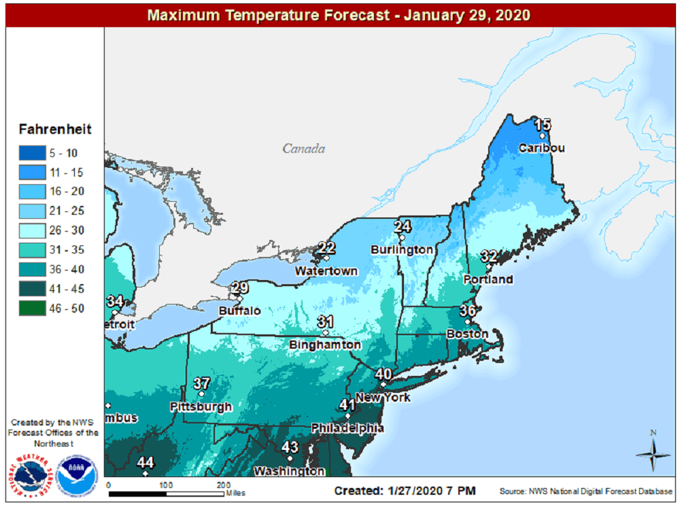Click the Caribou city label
[542, 148]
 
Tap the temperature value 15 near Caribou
[542, 124]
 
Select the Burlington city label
[401, 249]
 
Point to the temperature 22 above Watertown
[327, 247]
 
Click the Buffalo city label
[239, 311]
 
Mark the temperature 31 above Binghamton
[325, 321]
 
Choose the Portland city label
[488, 279]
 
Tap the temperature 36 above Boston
[467, 311]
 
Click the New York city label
[384, 397]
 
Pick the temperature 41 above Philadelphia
[347, 404]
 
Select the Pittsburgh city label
[201, 407]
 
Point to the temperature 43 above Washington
[290, 447]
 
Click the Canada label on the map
[304, 149]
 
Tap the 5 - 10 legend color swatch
[33, 153]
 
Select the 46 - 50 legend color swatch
[33, 309]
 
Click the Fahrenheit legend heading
[55, 129]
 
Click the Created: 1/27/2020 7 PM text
[405, 491]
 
